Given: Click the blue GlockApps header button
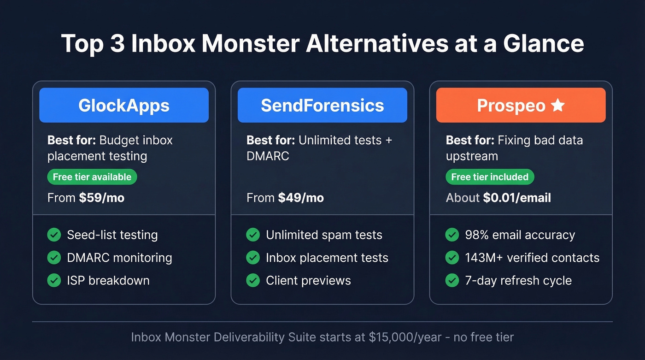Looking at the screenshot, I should point(124,106).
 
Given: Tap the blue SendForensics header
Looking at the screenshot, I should point(322,106).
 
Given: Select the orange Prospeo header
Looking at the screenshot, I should point(521,106).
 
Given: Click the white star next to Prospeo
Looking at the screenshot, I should point(557,106).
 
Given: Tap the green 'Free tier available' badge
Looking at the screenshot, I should point(92,177).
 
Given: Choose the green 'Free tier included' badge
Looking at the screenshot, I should point(490,177).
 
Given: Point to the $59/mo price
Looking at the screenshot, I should point(101,198).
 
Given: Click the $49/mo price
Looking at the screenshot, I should point(301,198).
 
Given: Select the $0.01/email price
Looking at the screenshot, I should point(517,198).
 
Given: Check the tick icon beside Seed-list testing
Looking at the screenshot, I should point(54,235).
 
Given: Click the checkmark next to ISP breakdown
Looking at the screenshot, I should point(54,280).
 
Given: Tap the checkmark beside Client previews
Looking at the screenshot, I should point(253,280).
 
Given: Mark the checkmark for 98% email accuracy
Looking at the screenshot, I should point(452,235).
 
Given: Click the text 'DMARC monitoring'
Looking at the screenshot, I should point(119,258).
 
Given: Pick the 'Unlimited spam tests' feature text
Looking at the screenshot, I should point(324,235).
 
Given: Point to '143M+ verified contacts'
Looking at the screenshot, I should point(532,258).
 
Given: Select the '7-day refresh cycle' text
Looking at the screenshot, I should point(518,280).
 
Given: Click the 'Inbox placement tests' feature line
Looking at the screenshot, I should point(327,258).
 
